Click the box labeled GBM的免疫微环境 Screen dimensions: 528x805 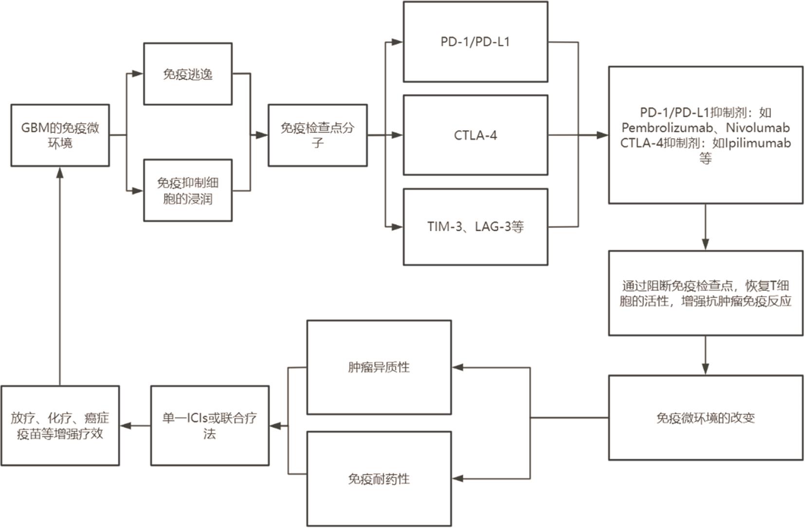click(60, 135)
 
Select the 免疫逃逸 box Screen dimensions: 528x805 click(187, 74)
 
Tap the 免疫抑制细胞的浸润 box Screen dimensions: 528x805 click(187, 190)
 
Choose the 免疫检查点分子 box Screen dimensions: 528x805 click(317, 135)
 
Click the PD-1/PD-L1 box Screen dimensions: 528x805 click(475, 42)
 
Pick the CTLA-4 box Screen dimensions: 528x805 click(475, 135)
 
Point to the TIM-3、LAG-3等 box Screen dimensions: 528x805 click(475, 227)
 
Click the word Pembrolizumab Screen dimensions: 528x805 click(670, 128)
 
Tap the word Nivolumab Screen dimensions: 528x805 click(757, 128)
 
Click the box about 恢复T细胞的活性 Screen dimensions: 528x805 click(705, 293)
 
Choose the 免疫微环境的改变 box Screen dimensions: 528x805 click(705, 418)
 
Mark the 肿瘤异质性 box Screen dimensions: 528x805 click(379, 367)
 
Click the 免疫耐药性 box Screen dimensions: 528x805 click(379, 479)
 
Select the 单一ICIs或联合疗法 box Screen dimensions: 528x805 click(209, 426)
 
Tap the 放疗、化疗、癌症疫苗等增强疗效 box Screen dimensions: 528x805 click(60, 426)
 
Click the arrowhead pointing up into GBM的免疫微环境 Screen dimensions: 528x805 click(60, 172)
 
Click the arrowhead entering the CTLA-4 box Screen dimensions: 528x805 click(397, 135)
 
